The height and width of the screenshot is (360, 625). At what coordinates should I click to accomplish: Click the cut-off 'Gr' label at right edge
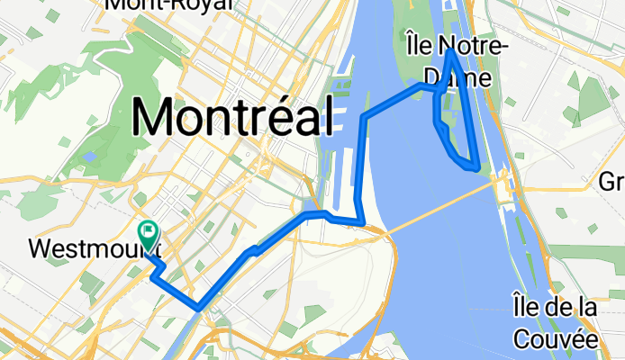click(611, 182)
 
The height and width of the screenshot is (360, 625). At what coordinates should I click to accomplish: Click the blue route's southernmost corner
click(198, 308)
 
